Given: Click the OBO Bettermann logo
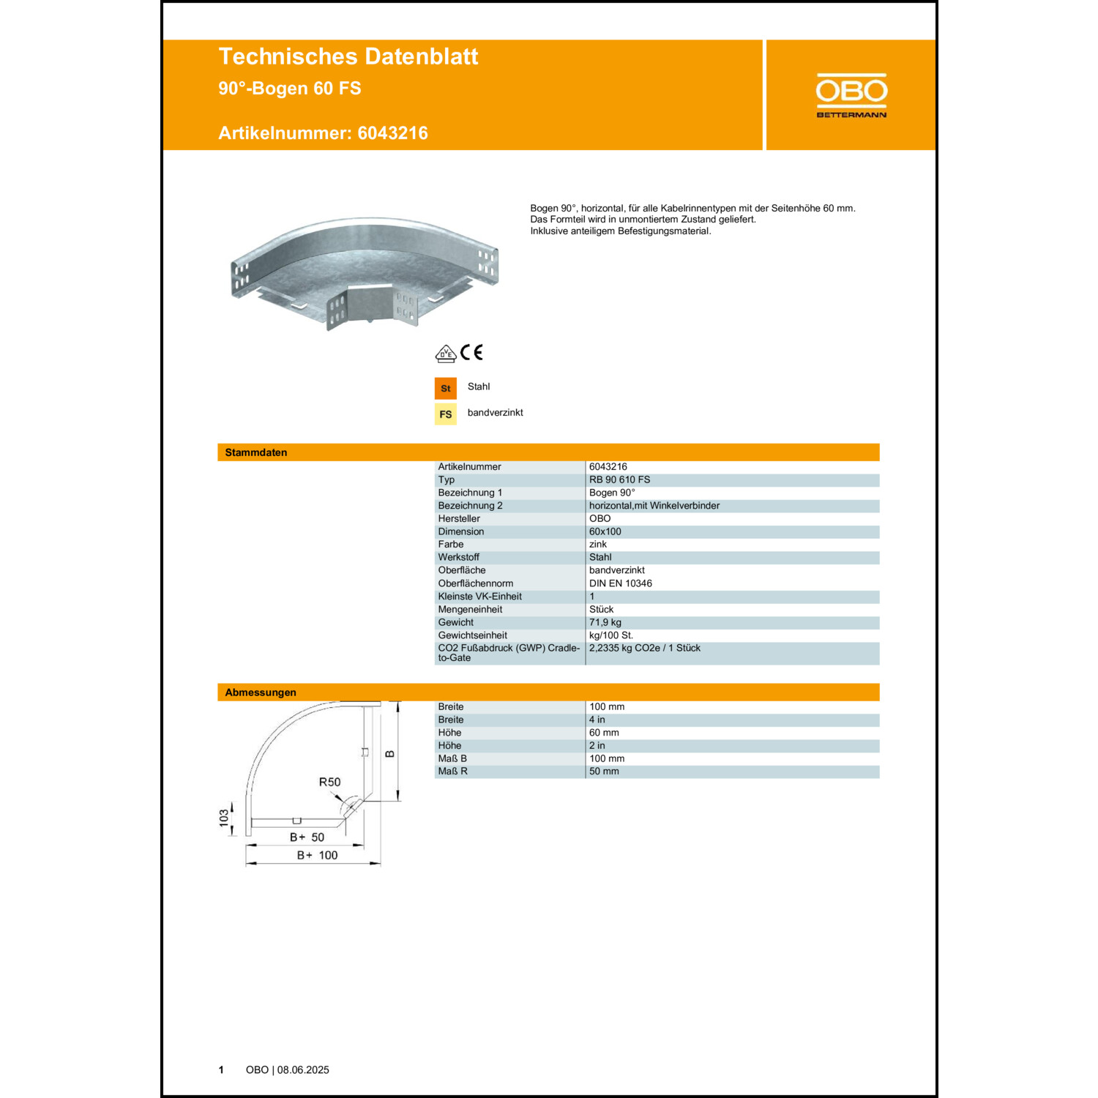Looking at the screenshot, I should pos(851,95).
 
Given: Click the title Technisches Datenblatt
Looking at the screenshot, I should pos(348,56).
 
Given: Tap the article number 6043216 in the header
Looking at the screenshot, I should pos(392,133).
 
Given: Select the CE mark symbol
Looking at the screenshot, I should pos(472,353).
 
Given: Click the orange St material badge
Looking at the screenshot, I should pos(445,388).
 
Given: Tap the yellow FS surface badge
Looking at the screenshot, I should pos(445,414).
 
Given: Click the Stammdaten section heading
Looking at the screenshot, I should pos(256,452).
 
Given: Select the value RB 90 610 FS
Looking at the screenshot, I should pos(619,480).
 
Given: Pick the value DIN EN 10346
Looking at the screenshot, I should pos(620,583).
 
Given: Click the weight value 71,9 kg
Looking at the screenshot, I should pos(605,622).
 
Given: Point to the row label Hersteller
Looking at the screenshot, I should pos(459,519).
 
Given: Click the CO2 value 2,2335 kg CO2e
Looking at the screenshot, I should pos(644,649).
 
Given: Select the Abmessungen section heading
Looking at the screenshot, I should pos(261,692).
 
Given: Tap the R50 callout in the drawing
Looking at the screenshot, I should pos(329,782).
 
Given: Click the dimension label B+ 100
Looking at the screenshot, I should pos(317,855).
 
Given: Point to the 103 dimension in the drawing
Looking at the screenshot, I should pos(224,818).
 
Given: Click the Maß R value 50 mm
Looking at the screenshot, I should pos(604,772).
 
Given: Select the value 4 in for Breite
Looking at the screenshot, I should pos(597,720).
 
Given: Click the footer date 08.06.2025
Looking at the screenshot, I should pos(303,1070).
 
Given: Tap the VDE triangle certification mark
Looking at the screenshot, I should pos(445,354).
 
